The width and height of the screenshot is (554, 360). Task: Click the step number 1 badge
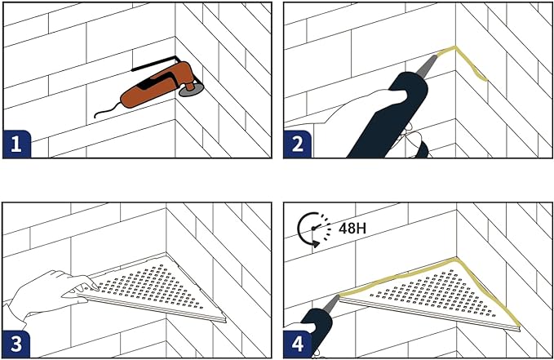[x=15, y=145]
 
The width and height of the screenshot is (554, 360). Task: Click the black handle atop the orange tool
[x=155, y=63]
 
